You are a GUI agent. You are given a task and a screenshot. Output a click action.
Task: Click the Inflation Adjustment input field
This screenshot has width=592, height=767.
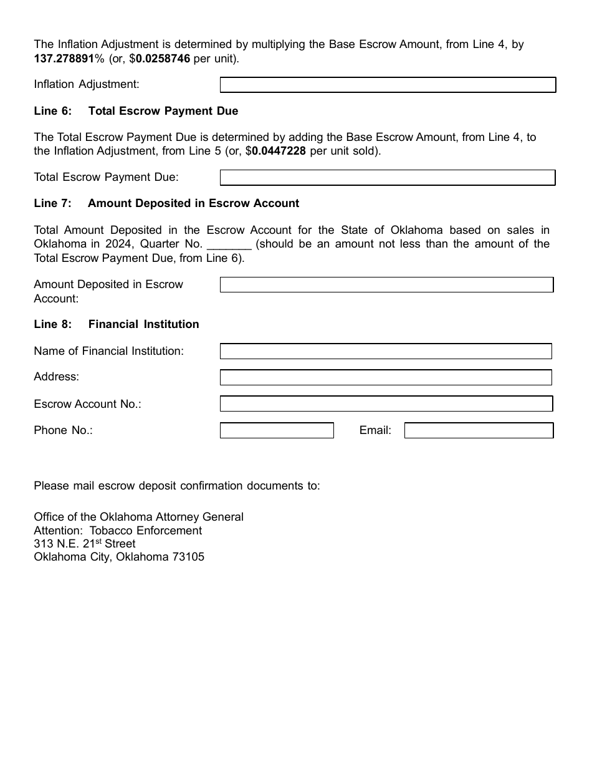point(387,85)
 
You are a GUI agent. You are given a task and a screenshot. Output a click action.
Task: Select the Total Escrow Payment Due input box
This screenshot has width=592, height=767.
point(387,178)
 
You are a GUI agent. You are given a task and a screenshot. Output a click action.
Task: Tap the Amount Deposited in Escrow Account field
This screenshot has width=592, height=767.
point(386,285)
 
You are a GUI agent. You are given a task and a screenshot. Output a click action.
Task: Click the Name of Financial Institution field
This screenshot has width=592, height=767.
point(386,351)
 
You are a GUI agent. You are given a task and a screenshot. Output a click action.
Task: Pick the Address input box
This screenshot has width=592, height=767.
point(386,377)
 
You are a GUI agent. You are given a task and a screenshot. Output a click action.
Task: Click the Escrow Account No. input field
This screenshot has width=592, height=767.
point(386,404)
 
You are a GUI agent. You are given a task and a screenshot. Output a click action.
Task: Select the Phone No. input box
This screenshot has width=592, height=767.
point(277,430)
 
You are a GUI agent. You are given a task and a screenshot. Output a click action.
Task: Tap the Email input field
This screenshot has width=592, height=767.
point(479,430)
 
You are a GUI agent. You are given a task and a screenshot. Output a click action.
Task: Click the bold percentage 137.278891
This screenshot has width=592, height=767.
point(64,59)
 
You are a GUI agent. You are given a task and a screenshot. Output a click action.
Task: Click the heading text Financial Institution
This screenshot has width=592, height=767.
point(143,324)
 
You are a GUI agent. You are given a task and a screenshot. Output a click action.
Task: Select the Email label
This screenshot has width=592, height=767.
point(375,430)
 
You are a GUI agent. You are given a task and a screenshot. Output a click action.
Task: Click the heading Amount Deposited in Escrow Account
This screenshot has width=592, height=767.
point(193,203)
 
